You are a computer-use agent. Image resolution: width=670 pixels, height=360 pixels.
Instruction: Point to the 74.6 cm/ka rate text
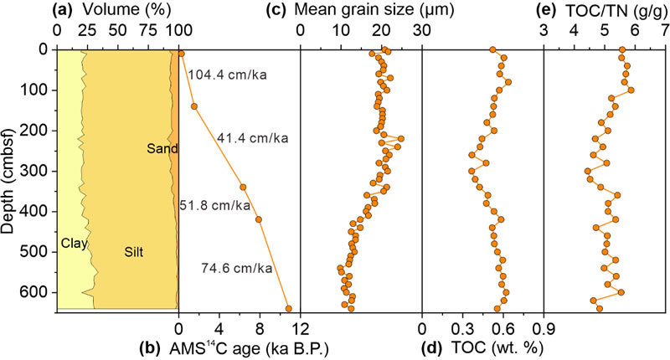237,269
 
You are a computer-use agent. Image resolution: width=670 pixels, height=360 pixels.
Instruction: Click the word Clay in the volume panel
75,244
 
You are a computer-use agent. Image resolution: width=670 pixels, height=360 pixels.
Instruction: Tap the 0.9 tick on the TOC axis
544,327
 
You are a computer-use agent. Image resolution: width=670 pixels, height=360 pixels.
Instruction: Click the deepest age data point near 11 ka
289,308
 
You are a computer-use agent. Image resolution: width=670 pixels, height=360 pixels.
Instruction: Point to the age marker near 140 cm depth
193,106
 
